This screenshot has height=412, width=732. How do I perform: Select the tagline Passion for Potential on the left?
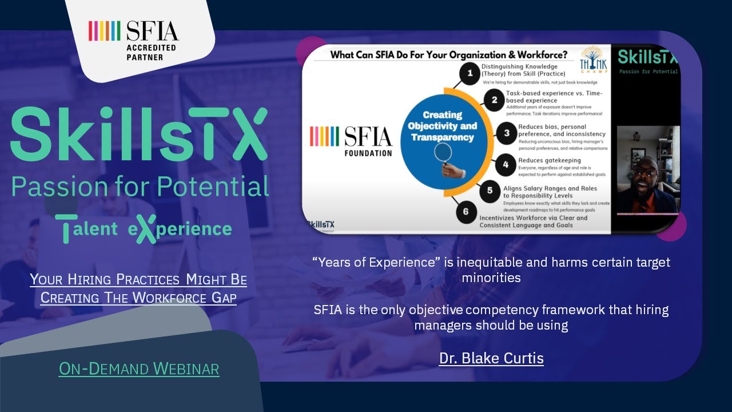(140, 187)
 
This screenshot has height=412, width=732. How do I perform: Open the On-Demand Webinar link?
(139, 369)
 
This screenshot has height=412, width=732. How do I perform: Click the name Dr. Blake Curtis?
(491, 358)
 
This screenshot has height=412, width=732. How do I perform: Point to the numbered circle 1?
(470, 73)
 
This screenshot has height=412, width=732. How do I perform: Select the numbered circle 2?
(494, 101)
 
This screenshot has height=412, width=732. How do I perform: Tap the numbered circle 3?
(506, 133)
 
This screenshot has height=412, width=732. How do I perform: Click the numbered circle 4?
(506, 166)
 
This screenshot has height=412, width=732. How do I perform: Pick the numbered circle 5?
(490, 191)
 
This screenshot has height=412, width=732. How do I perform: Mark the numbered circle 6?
(466, 212)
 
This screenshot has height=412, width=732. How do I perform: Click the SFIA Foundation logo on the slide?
(351, 140)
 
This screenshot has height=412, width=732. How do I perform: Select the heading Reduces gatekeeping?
(549, 160)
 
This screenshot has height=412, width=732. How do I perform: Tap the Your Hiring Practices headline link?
(138, 289)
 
